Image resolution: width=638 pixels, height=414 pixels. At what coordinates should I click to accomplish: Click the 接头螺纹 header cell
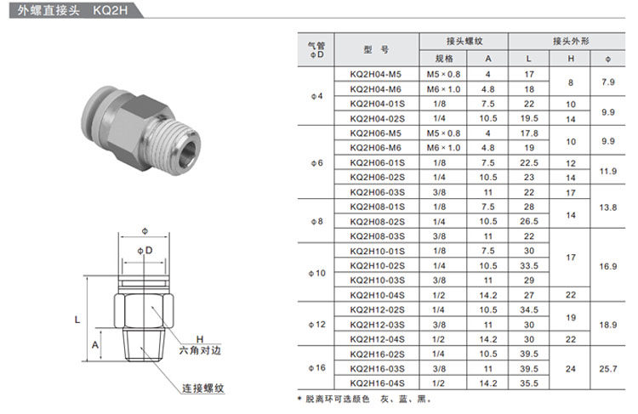coord(464,41)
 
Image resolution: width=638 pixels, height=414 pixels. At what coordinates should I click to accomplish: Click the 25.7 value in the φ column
coord(607,369)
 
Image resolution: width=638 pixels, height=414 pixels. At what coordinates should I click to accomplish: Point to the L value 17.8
coord(528,133)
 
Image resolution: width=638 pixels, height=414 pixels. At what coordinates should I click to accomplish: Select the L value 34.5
coord(528,309)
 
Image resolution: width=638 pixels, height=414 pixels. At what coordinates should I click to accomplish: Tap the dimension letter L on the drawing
coord(77,320)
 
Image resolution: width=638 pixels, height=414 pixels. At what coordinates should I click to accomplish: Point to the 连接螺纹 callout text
coord(202,388)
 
